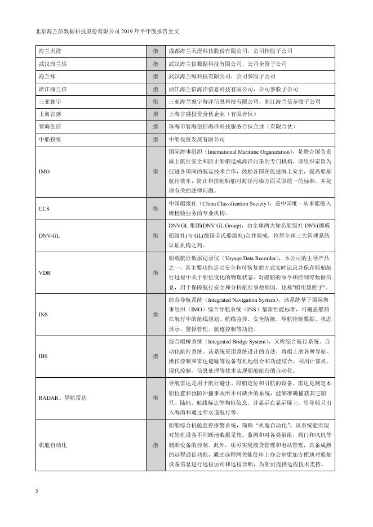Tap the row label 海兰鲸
click(47, 77)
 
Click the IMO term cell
click(45, 171)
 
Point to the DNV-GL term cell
click(49, 235)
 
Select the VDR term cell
click(45, 272)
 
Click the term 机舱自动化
click(53, 445)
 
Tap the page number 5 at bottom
click(36, 491)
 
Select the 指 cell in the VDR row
click(155, 272)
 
